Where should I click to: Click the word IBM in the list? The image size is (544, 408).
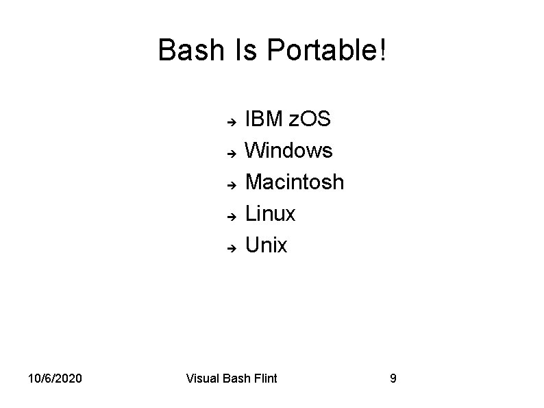264,119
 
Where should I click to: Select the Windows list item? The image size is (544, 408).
288,150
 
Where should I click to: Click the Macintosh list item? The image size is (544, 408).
295,182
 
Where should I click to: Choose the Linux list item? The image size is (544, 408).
270,214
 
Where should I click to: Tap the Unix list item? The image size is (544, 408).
266,245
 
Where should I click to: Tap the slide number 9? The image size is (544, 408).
393,379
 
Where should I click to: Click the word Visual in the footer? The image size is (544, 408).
203,379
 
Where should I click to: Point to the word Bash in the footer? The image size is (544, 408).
237,379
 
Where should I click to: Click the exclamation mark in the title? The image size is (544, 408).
381,51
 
